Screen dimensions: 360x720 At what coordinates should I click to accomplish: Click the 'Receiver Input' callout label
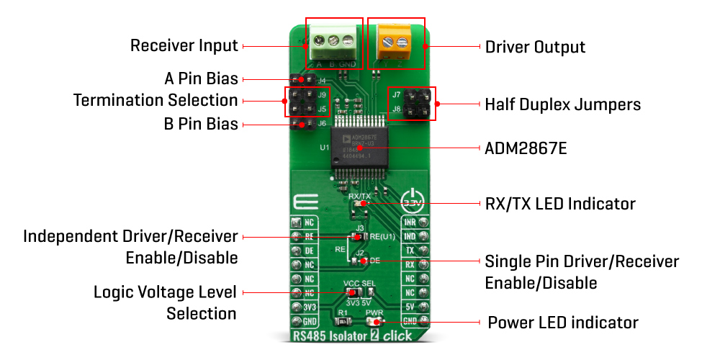tap(184, 46)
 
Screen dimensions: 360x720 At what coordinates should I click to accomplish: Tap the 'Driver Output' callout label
tap(535, 48)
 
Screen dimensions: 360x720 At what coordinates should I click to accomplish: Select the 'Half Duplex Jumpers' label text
tap(562, 104)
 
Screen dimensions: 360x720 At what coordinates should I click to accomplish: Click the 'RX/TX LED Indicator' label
tap(560, 204)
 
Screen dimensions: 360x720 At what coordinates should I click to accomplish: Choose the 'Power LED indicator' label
tap(563, 322)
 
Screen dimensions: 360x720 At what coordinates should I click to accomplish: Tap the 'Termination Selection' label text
tap(156, 99)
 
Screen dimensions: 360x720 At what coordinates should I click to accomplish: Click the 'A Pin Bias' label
tap(201, 78)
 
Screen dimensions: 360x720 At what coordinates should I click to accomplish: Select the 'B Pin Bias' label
tap(201, 124)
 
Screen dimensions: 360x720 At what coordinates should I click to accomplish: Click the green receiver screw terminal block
tap(333, 42)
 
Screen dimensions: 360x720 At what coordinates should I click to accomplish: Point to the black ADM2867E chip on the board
tap(366, 148)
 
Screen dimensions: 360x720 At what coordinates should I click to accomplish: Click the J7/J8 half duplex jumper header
tap(412, 104)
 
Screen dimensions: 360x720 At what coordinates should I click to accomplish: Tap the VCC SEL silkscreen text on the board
tap(361, 283)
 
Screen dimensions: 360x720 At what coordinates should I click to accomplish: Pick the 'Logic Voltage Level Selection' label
tap(165, 303)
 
